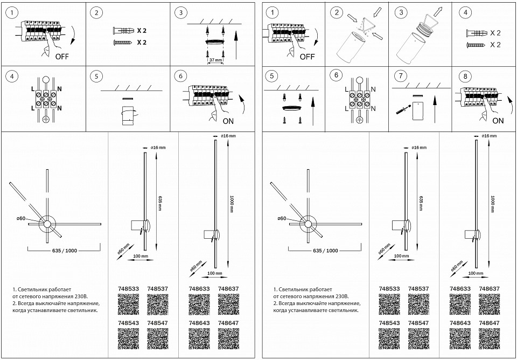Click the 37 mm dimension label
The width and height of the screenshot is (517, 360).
(x=215, y=60)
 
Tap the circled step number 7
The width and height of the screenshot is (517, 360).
(x=400, y=75)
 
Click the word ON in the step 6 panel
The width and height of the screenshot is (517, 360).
(x=228, y=121)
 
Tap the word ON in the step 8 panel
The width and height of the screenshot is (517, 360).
(x=498, y=121)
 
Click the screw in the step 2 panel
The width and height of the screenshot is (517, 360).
(x=121, y=42)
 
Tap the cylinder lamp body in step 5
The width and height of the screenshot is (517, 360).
(x=128, y=115)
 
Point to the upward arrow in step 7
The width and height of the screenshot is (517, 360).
(x=434, y=110)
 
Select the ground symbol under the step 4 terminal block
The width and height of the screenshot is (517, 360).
(x=46, y=119)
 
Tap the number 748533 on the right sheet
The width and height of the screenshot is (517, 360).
(x=389, y=289)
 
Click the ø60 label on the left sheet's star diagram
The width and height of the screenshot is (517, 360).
(x=22, y=218)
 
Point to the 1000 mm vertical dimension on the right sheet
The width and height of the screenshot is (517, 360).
(x=493, y=204)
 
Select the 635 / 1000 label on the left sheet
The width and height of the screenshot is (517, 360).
(x=65, y=251)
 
